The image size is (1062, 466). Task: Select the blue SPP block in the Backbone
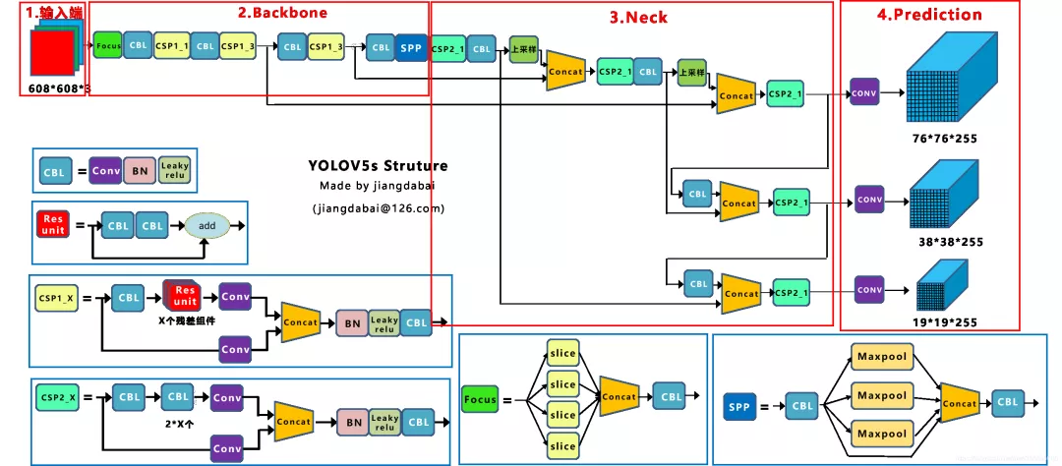[411, 47]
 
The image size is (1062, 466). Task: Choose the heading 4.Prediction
[929, 15]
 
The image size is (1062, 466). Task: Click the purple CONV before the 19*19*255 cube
[868, 290]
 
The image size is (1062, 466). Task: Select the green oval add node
[206, 225]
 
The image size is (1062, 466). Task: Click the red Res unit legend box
[51, 225]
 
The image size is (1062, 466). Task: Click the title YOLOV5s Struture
[378, 165]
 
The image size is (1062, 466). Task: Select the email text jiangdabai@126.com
[379, 208]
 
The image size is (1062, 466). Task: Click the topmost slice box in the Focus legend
[563, 354]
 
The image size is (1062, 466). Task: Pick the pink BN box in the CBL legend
[139, 171]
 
